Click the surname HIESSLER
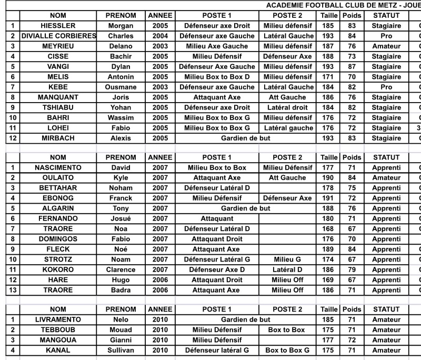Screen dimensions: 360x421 (x=58, y=26)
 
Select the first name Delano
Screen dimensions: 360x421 (x=121, y=46)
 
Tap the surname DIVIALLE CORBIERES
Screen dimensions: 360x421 (x=58, y=36)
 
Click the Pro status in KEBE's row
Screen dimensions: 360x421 (x=386, y=87)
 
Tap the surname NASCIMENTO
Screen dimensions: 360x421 (x=58, y=167)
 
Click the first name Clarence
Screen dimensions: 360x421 (x=121, y=269)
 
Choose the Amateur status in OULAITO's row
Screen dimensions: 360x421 (x=386, y=178)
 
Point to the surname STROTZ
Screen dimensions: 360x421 (x=58, y=259)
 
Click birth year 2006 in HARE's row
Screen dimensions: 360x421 (x=160, y=280)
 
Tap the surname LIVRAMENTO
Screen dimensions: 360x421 (x=58, y=319)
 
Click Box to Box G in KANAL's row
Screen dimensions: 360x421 (x=287, y=350)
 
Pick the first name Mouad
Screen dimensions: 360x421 (x=121, y=330)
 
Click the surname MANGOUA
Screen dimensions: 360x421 (x=58, y=340)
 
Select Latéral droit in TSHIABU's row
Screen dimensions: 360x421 (x=287, y=107)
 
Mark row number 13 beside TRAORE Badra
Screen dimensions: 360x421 (x=12, y=290)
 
